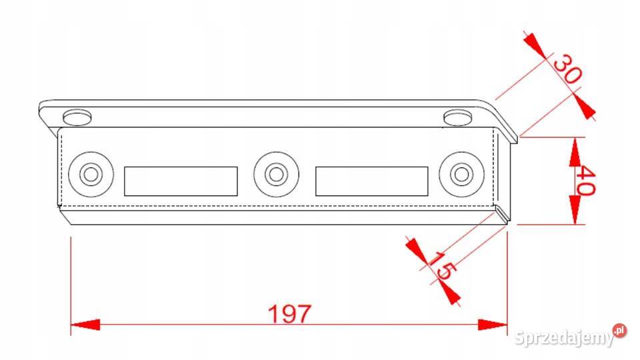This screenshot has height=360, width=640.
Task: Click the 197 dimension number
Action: pos(289,313)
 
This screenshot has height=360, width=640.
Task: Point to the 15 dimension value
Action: pos(442,266)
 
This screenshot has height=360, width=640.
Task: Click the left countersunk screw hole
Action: pos(91,174)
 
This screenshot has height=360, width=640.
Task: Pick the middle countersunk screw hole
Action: pos(276,174)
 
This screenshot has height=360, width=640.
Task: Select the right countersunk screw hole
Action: pos(461,174)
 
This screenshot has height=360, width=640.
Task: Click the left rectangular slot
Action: pos(181,181)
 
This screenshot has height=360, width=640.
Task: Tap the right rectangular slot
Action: pos(372,181)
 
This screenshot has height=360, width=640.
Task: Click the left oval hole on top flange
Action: pos(77,117)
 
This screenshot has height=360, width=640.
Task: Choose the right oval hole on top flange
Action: pos(458,117)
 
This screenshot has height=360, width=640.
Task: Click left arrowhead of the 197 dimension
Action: pos(85,325)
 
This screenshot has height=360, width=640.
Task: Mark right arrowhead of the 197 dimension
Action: pos(493,325)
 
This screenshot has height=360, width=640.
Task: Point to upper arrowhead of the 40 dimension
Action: pos(575,152)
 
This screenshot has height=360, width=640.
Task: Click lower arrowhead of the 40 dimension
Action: pos(575,210)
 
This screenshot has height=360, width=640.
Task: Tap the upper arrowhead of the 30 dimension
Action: pos(535,45)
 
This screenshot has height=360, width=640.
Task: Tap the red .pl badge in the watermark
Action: pos(619,330)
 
